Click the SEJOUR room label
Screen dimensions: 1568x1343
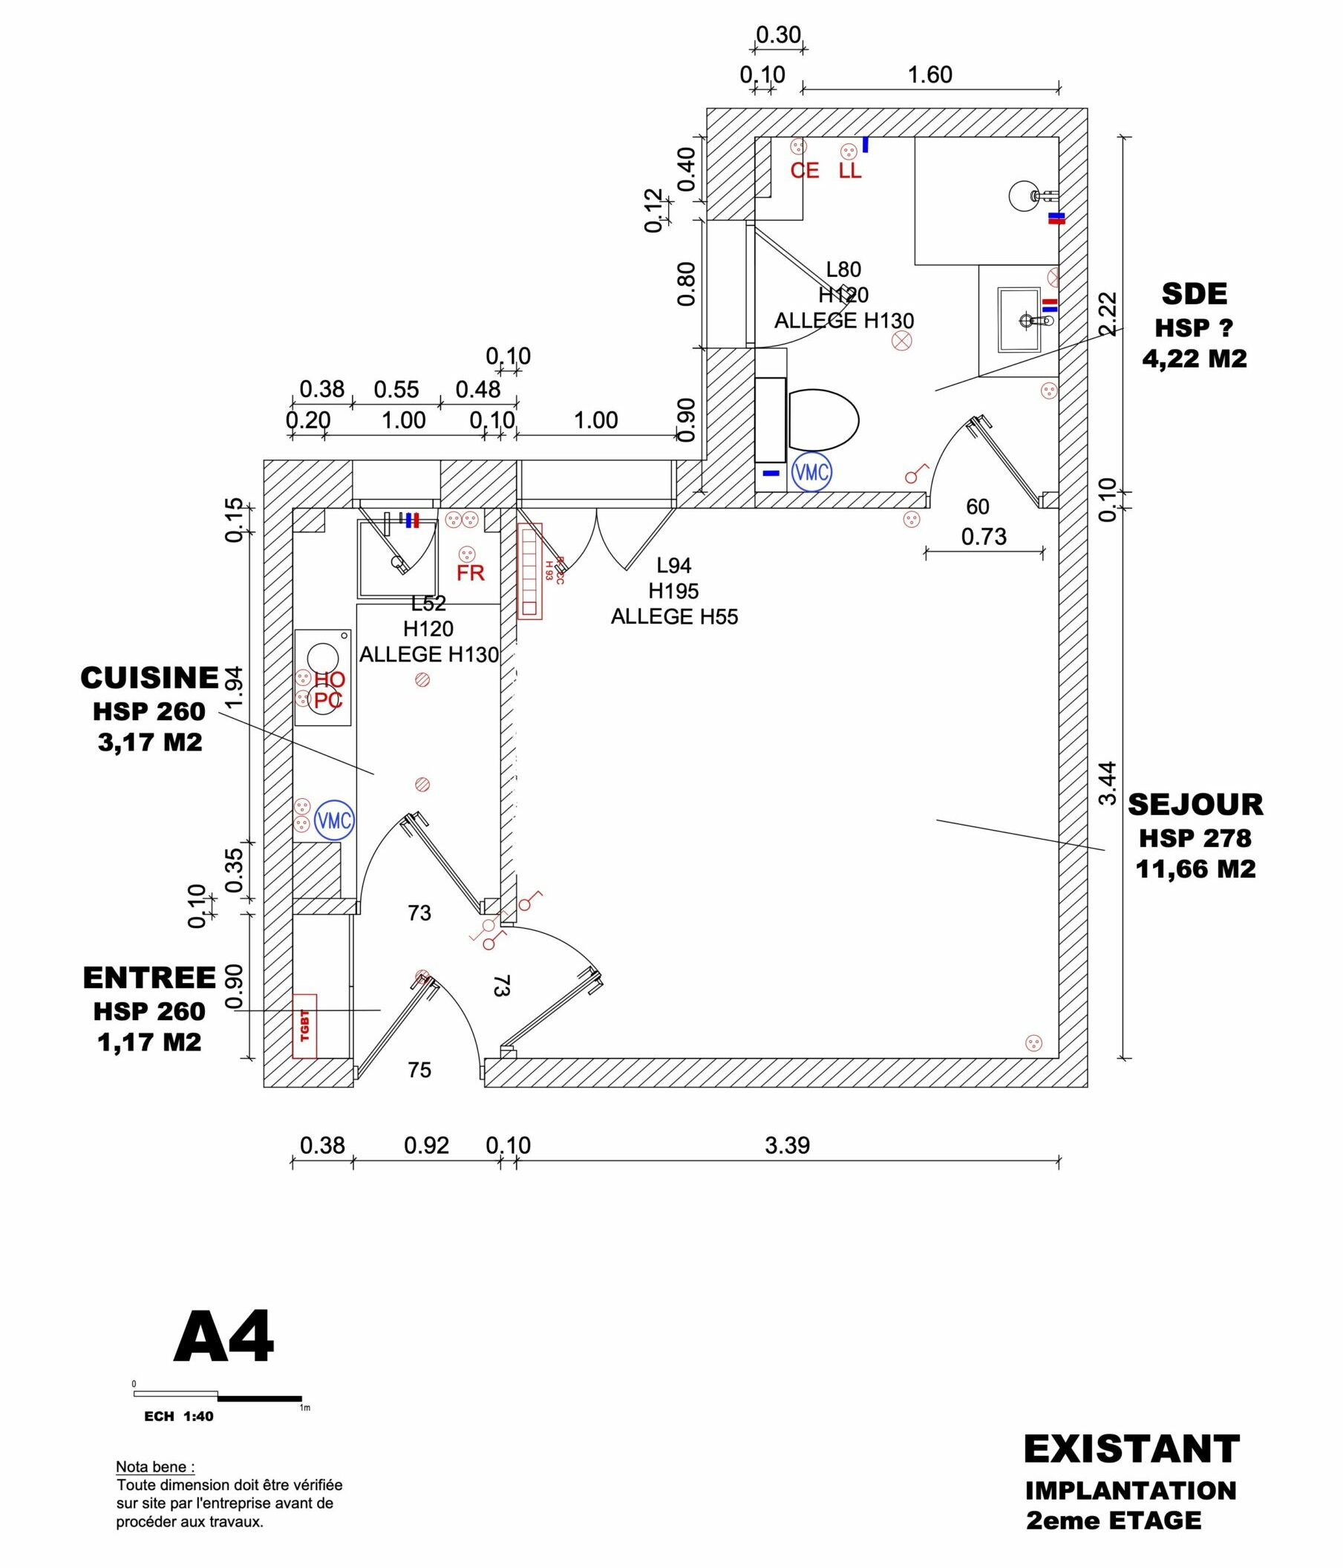(x=1195, y=805)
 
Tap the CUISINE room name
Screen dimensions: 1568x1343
(x=149, y=678)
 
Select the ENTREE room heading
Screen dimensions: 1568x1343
(x=149, y=978)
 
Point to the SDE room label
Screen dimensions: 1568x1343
(x=1194, y=293)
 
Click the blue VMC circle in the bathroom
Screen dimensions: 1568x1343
(x=811, y=472)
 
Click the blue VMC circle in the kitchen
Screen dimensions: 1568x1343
(x=333, y=820)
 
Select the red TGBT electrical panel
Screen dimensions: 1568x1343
(x=304, y=1025)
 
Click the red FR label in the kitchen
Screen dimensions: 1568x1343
(x=470, y=573)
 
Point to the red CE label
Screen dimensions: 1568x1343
(x=804, y=171)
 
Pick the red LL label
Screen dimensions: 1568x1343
(x=850, y=171)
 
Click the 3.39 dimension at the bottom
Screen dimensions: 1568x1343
(x=787, y=1145)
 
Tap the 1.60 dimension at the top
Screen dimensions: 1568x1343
(x=929, y=75)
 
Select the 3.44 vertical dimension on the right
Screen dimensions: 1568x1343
(x=1107, y=783)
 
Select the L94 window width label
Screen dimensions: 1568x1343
(x=673, y=565)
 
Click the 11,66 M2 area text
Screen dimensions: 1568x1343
(x=1195, y=869)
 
